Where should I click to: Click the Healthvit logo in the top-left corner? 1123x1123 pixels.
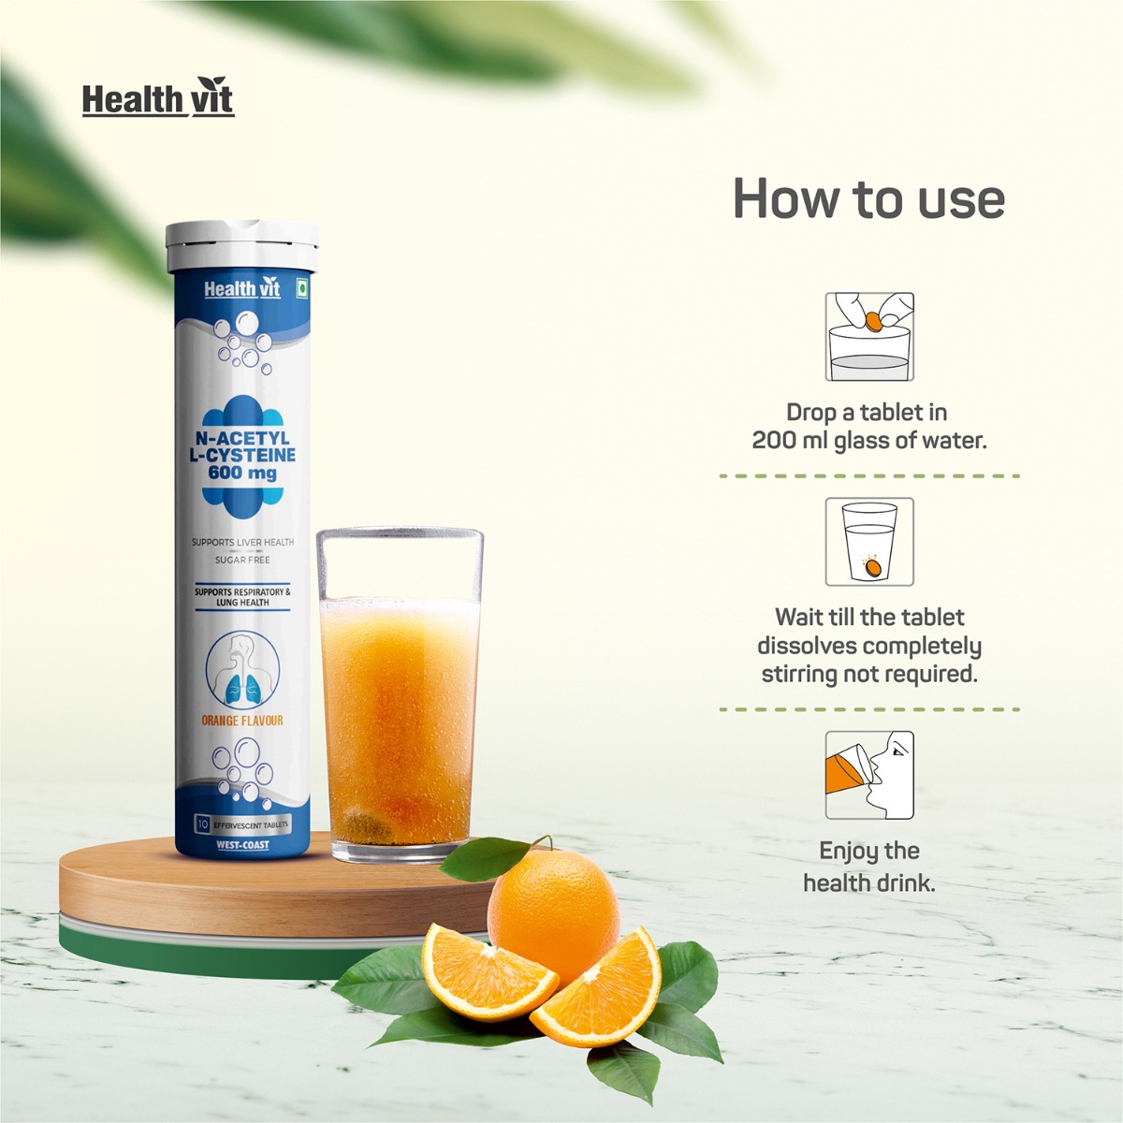pyautogui.click(x=157, y=98)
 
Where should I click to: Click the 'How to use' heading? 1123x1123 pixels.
pyautogui.click(x=868, y=198)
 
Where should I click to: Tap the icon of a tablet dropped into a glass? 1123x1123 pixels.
pyautogui.click(x=869, y=336)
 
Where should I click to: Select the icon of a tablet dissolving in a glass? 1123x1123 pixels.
pyautogui.click(x=869, y=542)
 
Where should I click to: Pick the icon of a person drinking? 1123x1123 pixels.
pyautogui.click(x=869, y=776)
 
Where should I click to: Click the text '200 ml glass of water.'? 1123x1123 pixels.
pyautogui.click(x=869, y=441)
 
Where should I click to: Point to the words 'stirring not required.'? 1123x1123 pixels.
pyautogui.click(x=869, y=674)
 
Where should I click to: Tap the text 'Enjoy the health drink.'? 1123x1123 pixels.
pyautogui.click(x=869, y=867)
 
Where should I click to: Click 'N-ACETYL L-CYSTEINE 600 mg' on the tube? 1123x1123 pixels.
pyautogui.click(x=242, y=456)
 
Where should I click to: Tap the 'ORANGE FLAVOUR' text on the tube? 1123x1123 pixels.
pyautogui.click(x=242, y=721)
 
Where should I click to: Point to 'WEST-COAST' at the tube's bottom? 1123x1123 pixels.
pyautogui.click(x=242, y=845)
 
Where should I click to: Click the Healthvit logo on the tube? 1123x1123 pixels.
pyautogui.click(x=241, y=290)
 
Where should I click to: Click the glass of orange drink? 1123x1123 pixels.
pyautogui.click(x=400, y=693)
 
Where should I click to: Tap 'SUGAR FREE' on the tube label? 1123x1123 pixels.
pyautogui.click(x=242, y=560)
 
